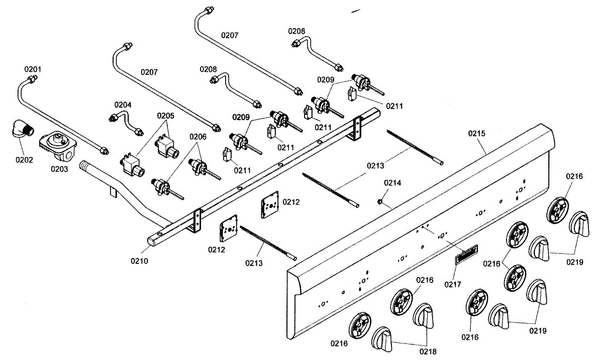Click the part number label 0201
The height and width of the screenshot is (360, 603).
(x=33, y=69)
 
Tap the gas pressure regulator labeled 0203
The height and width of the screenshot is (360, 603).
(x=58, y=145)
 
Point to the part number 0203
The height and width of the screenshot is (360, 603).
(x=59, y=169)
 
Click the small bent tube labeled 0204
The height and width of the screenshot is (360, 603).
(x=126, y=123)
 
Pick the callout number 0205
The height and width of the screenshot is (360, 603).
(x=166, y=116)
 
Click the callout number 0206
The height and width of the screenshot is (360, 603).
(x=198, y=137)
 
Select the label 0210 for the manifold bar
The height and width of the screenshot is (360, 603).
(x=140, y=261)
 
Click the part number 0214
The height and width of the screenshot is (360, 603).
(x=392, y=183)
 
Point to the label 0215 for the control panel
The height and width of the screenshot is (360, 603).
(x=477, y=134)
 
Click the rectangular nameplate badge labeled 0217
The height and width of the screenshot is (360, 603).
(x=466, y=254)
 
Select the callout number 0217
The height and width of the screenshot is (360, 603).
(x=453, y=285)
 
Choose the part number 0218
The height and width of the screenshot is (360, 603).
(x=428, y=351)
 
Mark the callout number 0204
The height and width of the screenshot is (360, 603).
(x=123, y=105)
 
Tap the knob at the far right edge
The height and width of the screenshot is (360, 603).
(x=579, y=224)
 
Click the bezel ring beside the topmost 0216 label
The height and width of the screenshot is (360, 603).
(x=557, y=211)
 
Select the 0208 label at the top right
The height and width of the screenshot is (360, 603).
(x=296, y=31)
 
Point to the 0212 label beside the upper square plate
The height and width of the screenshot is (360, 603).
(x=291, y=202)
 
